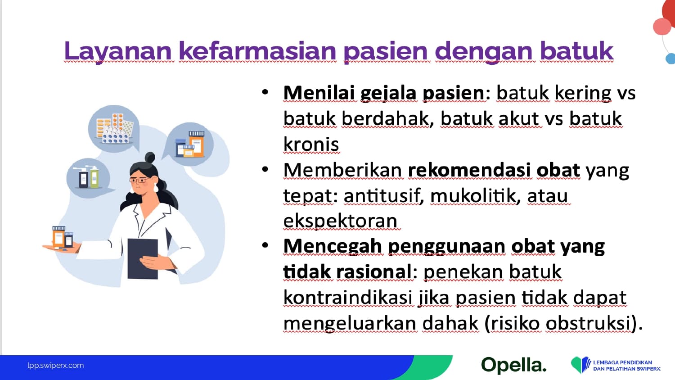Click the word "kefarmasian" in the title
coord(258,50)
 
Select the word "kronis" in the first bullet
coord(311,144)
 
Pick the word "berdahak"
coord(387,119)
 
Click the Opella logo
coord(514,365)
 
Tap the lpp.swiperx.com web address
coord(55,366)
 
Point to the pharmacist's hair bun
coord(150,157)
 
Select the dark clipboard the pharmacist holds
coord(143,259)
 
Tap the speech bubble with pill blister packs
coord(114,129)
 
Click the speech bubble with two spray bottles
coord(89,178)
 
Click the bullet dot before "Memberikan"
coord(265,170)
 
